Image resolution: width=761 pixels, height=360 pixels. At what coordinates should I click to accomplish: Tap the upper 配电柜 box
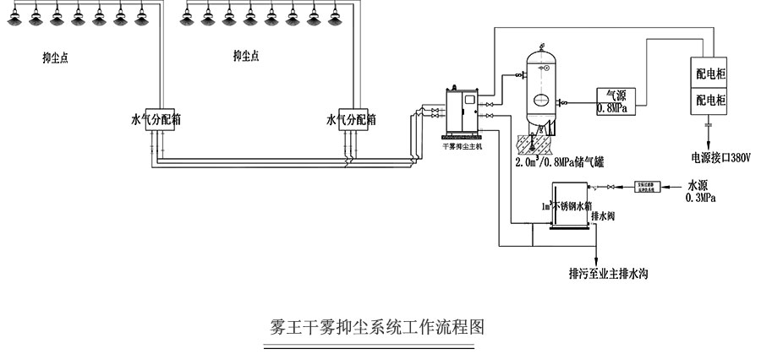(709, 74)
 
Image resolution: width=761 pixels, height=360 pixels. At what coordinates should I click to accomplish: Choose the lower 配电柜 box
(709, 101)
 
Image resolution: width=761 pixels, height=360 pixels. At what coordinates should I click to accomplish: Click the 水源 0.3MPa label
(701, 191)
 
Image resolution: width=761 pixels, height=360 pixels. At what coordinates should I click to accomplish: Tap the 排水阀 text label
(602, 215)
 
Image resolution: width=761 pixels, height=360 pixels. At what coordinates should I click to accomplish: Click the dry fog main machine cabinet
(461, 112)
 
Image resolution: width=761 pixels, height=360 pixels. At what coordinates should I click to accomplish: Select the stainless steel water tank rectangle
(569, 205)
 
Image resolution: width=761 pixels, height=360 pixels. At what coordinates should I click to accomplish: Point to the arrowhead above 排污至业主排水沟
(596, 259)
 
